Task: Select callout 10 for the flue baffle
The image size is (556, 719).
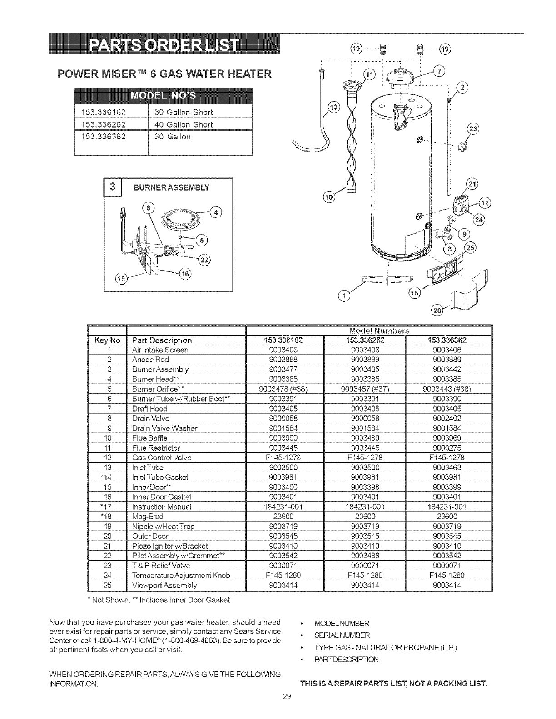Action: point(328,196)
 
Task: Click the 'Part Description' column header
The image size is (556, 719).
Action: point(162,340)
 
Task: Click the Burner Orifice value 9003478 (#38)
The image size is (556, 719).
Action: point(284,389)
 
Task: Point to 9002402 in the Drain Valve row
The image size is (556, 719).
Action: point(448,418)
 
